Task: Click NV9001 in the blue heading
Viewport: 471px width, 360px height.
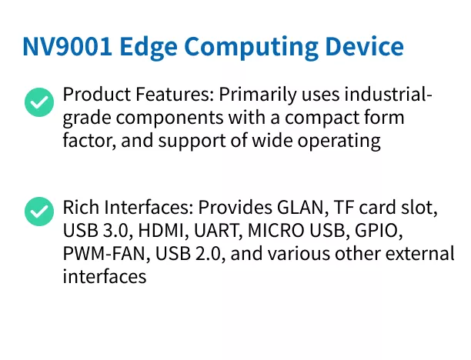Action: (67, 47)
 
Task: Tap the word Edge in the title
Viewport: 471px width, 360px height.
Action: (149, 48)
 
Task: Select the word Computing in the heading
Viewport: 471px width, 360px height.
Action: (251, 48)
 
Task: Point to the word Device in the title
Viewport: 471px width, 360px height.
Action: (364, 46)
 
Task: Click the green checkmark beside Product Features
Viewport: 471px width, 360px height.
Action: (39, 102)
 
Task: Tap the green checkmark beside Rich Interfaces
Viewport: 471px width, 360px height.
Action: (39, 211)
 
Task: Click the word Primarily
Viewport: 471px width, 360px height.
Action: (257, 95)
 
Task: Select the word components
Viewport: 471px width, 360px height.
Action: (170, 118)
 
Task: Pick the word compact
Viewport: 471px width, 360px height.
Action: (322, 118)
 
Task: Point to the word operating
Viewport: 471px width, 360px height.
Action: (339, 142)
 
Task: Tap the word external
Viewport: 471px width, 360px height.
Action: (419, 253)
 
